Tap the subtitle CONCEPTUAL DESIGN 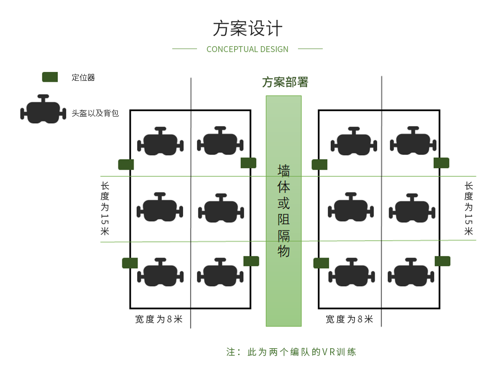pyautogui.click(x=247, y=49)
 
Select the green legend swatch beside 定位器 pyautogui.click(x=50, y=77)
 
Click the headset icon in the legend pyautogui.click(x=43, y=110)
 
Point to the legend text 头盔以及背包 pyautogui.click(x=95, y=113)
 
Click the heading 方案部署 pyautogui.click(x=285, y=82)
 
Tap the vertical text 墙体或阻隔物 pyautogui.click(x=284, y=211)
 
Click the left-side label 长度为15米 pyautogui.click(x=105, y=208)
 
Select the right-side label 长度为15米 pyautogui.click(x=468, y=208)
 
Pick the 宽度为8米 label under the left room pyautogui.click(x=159, y=319)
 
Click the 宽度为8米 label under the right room pyautogui.click(x=349, y=319)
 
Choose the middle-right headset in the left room pyautogui.click(x=221, y=208)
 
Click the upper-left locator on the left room pyautogui.click(x=126, y=164)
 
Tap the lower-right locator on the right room pyautogui.click(x=442, y=261)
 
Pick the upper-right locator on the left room pyautogui.click(x=248, y=163)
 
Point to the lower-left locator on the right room pyautogui.click(x=321, y=263)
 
